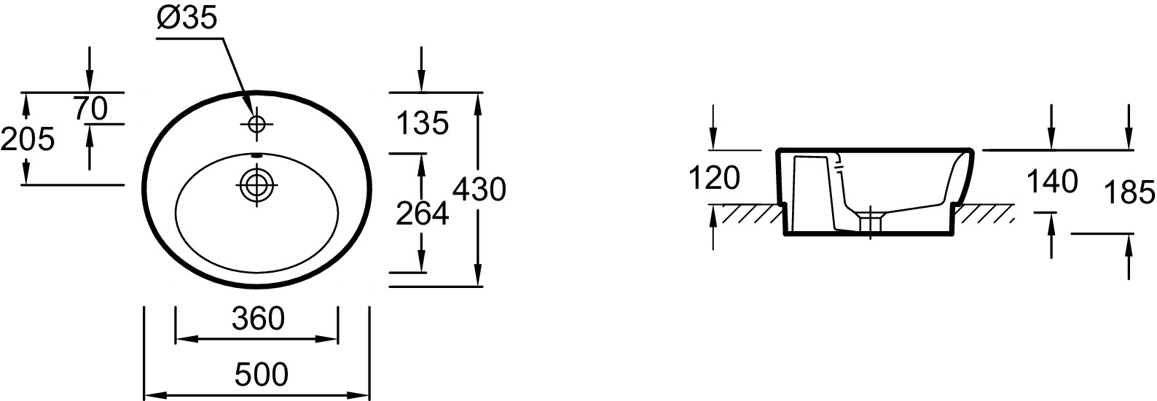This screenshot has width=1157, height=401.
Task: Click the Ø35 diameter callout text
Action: click(187, 18)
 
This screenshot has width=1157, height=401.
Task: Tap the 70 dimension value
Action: click(90, 109)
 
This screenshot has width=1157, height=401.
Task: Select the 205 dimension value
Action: click(28, 139)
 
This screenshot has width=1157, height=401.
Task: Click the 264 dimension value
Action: click(422, 213)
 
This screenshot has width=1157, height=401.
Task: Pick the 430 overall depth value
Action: click(479, 190)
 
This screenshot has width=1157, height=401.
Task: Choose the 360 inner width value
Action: click(257, 318)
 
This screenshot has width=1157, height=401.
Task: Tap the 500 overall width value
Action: click(262, 375)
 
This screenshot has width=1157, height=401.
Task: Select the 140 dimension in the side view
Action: click(1051, 181)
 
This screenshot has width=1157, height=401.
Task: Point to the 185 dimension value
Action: click(1129, 192)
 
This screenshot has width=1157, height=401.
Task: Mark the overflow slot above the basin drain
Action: click(256, 155)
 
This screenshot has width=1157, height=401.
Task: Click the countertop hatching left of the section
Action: click(750, 214)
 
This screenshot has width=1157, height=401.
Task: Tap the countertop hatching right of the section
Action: click(984, 214)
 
